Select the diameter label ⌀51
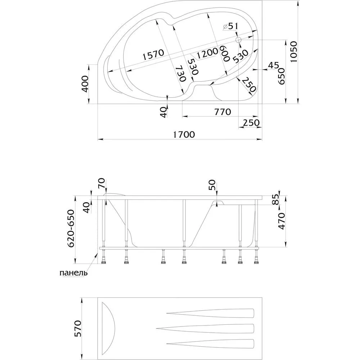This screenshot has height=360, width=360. pos(230,26)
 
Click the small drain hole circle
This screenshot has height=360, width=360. pos(238,40)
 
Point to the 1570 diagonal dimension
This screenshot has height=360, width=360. pos(153,55)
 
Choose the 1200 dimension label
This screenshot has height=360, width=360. pos(207,53)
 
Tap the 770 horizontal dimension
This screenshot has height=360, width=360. pos(222,112)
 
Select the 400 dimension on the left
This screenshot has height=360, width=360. pos(85,84)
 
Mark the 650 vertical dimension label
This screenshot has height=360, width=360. pos(282,76)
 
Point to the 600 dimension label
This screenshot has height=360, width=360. pos(225,53)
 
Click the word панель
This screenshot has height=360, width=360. pos(73,273)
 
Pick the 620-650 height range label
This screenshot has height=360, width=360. pos(71,228)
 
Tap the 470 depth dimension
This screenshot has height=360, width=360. pos(282,221)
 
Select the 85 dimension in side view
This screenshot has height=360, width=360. pos(276,199)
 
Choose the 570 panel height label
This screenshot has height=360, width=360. pos(78,328)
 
